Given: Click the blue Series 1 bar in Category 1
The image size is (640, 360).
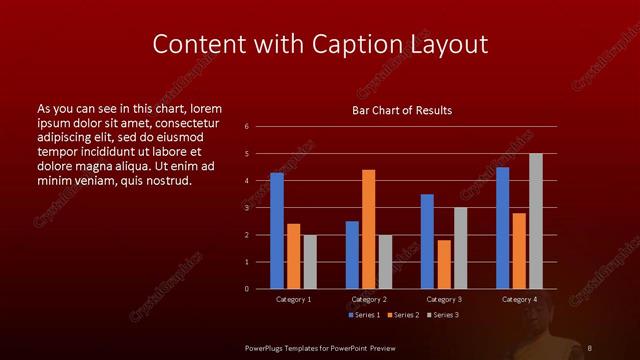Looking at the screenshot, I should pos(277,231).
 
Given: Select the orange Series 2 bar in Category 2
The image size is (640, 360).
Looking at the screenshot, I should pos(369,229).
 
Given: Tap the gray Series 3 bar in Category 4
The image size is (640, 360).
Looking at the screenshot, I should pos(536,221).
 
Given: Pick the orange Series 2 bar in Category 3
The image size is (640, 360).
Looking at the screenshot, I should pos(444,264).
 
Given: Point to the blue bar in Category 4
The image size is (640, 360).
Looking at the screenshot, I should pos(503,228).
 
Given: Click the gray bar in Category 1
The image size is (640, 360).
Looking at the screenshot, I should pos(310,262).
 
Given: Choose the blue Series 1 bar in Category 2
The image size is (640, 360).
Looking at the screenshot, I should pos(352,255).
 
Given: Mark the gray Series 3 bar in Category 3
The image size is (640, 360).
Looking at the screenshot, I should pos(461,248).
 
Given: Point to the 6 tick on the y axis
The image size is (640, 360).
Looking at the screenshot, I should pos(246,127).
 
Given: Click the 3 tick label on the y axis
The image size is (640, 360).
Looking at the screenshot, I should pos(246,208).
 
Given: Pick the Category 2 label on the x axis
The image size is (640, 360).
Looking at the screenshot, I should pos(369,299).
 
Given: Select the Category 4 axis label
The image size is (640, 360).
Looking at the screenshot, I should pos(519,299).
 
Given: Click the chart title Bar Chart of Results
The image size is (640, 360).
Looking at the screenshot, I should pos(402,110).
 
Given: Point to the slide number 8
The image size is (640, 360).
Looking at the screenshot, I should pos(589,346).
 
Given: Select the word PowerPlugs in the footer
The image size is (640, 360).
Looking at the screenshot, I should pos(267,346).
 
